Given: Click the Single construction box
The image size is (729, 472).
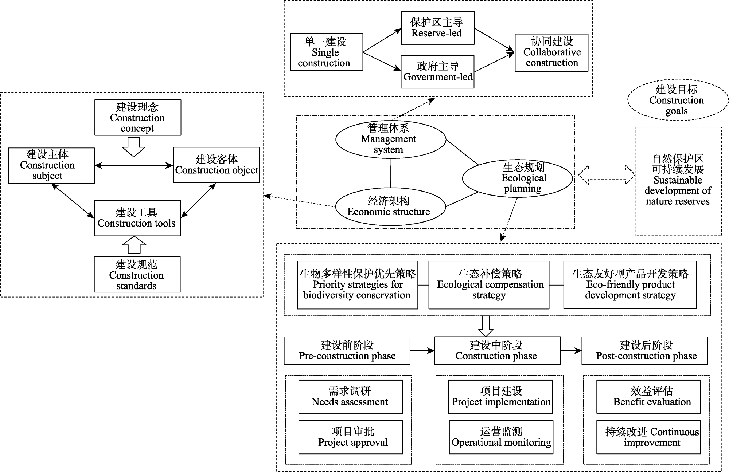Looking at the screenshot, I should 326,52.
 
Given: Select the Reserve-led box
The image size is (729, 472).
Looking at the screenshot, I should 437,28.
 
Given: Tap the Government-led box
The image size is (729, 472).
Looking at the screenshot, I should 437,72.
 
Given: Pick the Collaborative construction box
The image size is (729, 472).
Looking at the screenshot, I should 551,52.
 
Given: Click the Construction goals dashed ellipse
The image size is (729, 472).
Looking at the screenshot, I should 678,100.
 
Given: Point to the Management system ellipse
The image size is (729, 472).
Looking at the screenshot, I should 390,139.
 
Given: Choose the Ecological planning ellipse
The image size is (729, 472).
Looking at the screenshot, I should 517,178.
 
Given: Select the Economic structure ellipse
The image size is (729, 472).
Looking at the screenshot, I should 390,206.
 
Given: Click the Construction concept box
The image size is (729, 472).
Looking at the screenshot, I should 138,118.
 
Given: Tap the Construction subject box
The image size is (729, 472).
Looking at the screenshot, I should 51,165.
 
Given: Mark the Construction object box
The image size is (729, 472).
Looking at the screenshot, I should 216,165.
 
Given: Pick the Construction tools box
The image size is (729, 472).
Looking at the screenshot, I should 137,218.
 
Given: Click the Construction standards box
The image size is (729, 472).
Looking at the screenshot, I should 137,274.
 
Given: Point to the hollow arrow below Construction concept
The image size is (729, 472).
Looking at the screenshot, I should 133,147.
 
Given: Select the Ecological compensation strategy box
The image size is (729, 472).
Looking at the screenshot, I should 488,285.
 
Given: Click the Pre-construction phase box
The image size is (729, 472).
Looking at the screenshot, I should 347,350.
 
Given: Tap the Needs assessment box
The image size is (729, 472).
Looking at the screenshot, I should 350,397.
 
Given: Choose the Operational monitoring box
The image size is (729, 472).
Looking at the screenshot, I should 501,437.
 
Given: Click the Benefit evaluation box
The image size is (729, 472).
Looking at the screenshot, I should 648,397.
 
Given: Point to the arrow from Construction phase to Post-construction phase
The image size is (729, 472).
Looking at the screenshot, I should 571,351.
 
